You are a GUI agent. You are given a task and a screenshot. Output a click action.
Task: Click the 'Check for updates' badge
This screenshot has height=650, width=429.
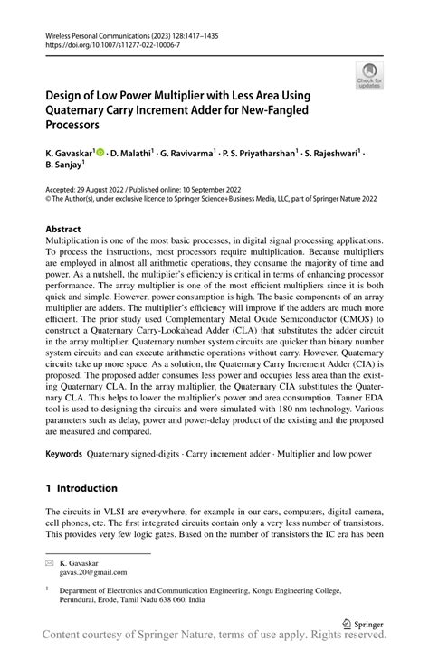(370, 79)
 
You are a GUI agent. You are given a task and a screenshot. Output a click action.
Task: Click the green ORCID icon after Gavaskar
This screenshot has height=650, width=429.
(101, 153)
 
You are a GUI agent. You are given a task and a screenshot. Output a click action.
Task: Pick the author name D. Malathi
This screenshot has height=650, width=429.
(134, 153)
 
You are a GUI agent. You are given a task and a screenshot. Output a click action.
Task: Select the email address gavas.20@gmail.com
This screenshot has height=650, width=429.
(95, 572)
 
